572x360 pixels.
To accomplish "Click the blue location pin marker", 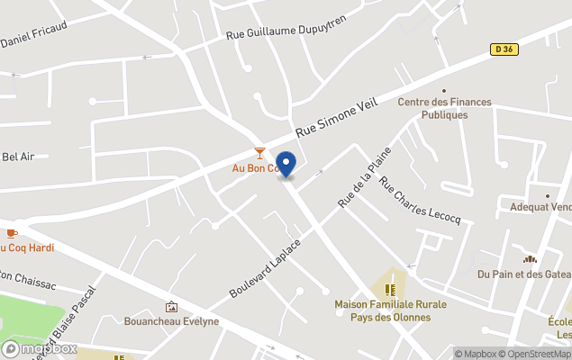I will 286,165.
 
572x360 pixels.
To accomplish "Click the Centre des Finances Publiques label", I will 445,108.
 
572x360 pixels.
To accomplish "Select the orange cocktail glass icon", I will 259,153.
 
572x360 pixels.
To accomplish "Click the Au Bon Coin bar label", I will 254,168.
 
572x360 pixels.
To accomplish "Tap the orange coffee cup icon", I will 11,234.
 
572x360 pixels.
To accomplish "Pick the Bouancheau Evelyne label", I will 171,321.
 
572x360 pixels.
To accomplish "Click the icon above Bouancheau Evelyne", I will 171,307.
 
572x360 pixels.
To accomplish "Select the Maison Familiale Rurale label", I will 390,310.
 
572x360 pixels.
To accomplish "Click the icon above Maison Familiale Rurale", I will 390,289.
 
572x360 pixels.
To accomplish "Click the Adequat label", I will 540,207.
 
